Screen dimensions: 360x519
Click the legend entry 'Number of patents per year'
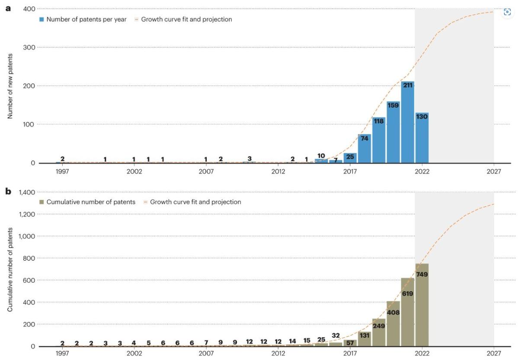pos(86,19)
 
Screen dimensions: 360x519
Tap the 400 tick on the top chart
pos(29,9)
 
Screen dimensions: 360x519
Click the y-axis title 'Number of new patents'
pos(10,86)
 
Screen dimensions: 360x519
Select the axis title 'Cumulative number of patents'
pos(10,269)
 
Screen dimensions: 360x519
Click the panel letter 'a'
pos(7,8)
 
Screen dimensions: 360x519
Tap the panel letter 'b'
pos(7,191)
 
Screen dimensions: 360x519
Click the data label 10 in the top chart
pos(321,156)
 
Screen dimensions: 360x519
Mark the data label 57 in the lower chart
pos(350,342)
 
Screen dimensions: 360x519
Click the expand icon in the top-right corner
pos(507,12)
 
